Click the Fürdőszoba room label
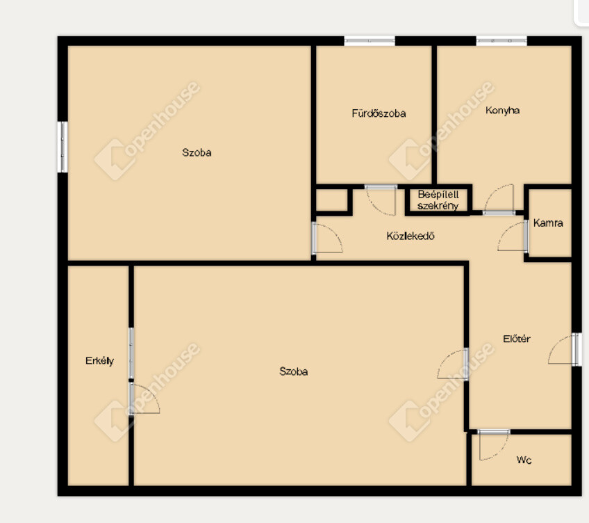pyautogui.click(x=379, y=113)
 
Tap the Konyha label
pyautogui.click(x=503, y=111)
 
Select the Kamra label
pyautogui.click(x=548, y=223)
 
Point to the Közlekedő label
pyautogui.click(x=410, y=236)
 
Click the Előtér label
pyautogui.click(x=517, y=339)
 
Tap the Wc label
pyautogui.click(x=524, y=460)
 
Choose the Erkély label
pyautogui.click(x=99, y=361)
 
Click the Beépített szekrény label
pyautogui.click(x=438, y=200)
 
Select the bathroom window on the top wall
pyautogui.click(x=370, y=40)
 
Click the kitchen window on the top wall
pyautogui.click(x=501, y=40)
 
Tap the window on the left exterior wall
pyautogui.click(x=63, y=147)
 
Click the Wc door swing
pyautogui.click(x=494, y=445)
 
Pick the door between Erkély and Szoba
pyautogui.click(x=144, y=399)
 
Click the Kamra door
pyautogui.click(x=513, y=236)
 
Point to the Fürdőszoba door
pyautogui.click(x=381, y=200)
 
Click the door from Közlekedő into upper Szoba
pyautogui.click(x=327, y=238)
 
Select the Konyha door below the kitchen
pyautogui.click(x=499, y=200)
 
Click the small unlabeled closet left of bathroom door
pyautogui.click(x=332, y=200)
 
